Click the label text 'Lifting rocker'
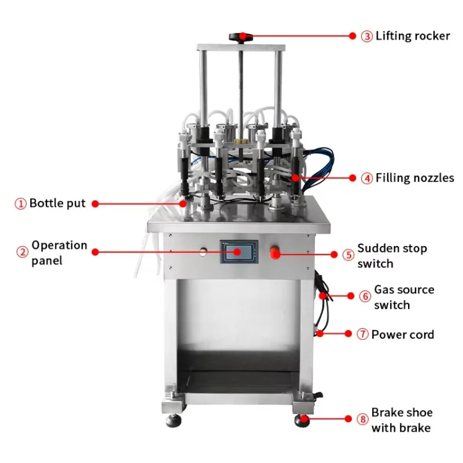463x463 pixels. click(413, 36)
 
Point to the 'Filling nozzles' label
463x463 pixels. click(415, 178)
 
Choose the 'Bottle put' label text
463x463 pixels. click(57, 203)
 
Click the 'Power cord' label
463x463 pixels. click(403, 335)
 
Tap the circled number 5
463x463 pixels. click(348, 255)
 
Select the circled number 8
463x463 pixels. click(363, 419)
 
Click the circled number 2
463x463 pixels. click(22, 252)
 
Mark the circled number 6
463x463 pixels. click(365, 296)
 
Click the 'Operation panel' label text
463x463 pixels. click(59, 253)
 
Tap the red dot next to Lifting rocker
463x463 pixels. click(351, 36)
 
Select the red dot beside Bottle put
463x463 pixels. click(95, 204)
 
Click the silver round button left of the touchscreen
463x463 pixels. click(203, 251)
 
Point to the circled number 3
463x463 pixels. click(367, 36)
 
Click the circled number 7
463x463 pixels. click(362, 335)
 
